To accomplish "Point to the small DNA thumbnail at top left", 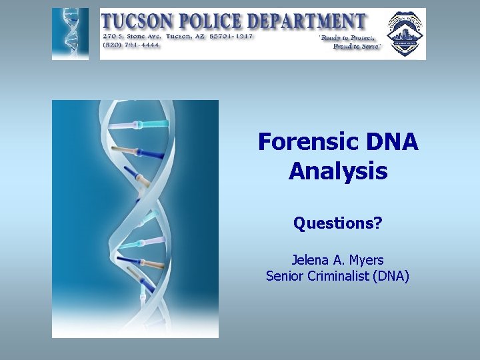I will point(70,34).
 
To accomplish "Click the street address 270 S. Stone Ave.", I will point(131,36).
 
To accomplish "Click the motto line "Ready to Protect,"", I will point(350,38).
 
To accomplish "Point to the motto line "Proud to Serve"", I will point(356,47).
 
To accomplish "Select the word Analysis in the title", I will point(337,171).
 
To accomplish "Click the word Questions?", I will point(337,223).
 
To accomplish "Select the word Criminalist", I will point(339,275).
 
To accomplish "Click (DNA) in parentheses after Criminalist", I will point(392,275).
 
